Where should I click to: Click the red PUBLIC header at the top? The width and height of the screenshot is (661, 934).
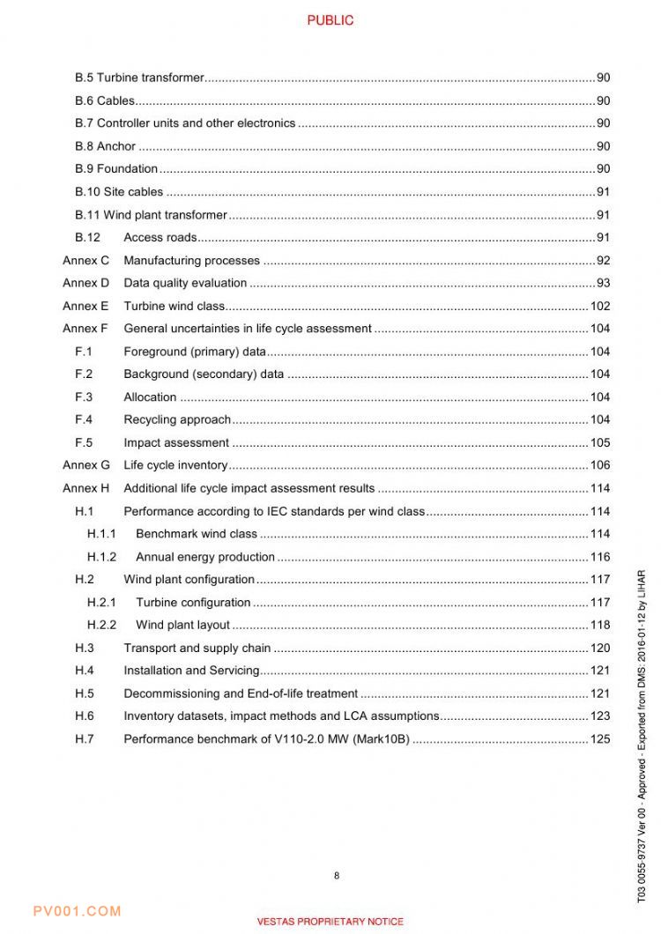click(330, 20)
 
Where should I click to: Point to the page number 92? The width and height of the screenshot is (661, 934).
click(603, 261)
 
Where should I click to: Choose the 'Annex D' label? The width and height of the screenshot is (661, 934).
click(85, 283)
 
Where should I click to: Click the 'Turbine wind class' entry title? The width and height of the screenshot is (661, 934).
click(174, 306)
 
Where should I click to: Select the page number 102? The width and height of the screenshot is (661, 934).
click(599, 306)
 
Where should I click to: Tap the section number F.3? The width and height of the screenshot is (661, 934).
click(84, 397)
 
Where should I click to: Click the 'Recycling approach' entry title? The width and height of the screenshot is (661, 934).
click(176, 419)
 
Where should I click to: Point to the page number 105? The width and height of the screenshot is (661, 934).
click(599, 443)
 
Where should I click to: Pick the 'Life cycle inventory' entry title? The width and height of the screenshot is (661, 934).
click(175, 465)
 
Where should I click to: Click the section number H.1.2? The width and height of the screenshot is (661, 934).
click(101, 557)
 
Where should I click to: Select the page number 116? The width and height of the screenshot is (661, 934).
click(599, 557)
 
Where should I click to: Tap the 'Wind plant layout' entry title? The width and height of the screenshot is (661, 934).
click(182, 625)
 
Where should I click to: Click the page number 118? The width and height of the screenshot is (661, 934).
click(599, 625)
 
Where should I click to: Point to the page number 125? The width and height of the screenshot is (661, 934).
click(599, 739)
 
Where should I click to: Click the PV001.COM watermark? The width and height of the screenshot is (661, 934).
click(77, 911)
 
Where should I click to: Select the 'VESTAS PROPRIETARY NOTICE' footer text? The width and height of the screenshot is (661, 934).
click(330, 922)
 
